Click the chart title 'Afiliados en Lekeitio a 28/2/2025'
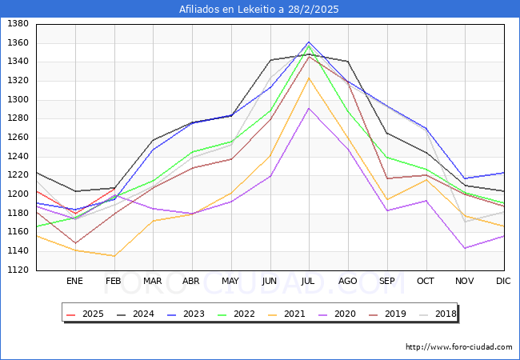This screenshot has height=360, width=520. coord(259,10)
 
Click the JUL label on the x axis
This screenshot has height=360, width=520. coord(309,281)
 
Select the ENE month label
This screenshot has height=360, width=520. coord(74,281)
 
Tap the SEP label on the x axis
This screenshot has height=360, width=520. coord(387,281)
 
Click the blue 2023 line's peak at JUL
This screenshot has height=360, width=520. coord(309,42)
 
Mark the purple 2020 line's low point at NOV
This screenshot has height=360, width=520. coord(465,248)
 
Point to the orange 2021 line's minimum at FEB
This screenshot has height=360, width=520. coord(114,256)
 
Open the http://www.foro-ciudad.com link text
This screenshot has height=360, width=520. coord(459,347)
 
